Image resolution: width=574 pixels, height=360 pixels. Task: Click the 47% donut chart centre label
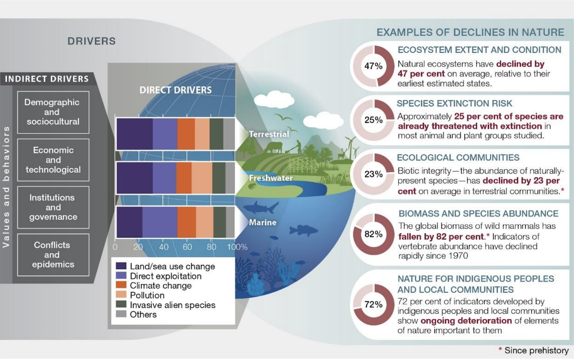(374, 66)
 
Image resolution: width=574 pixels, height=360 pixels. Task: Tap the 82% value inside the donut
(374, 234)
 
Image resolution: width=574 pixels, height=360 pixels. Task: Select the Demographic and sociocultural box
(53, 112)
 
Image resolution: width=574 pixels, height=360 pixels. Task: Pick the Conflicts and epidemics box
(53, 255)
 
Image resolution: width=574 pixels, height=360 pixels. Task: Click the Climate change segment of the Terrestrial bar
(186, 134)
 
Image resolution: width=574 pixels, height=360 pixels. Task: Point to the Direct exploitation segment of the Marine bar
(160, 222)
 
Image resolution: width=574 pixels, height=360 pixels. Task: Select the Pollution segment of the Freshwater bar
(202, 178)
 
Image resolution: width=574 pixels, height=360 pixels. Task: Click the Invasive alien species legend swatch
(121, 304)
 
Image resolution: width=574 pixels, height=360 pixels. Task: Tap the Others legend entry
(136, 315)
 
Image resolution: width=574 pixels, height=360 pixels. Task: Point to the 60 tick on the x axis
(188, 247)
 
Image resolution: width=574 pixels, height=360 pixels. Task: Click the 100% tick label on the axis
(237, 247)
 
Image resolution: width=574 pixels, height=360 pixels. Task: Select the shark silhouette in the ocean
(261, 207)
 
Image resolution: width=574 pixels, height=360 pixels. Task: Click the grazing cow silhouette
(274, 148)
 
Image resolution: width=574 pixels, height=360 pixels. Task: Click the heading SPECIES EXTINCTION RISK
(454, 103)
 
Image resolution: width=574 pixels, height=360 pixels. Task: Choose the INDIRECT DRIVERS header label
(47, 79)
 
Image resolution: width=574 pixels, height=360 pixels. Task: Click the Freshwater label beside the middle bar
(271, 178)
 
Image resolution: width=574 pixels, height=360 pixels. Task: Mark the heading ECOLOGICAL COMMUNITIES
(458, 157)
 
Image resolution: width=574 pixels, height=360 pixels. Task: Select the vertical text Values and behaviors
(6, 187)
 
